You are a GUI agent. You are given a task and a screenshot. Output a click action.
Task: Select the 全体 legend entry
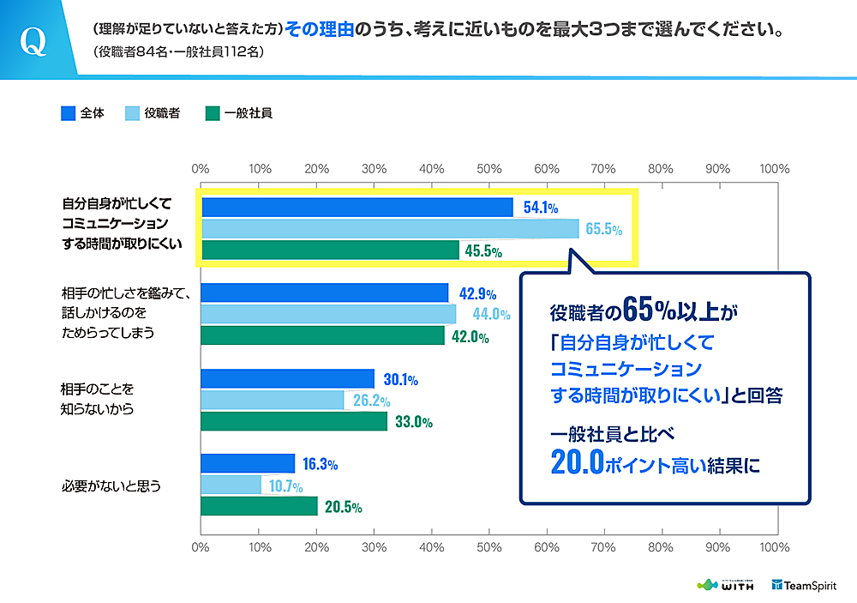click(x=83, y=112)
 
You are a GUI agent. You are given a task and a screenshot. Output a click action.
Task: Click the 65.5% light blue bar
click(x=390, y=229)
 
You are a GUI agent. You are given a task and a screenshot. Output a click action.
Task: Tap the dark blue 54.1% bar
click(x=357, y=208)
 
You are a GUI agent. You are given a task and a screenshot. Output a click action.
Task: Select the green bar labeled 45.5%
click(x=330, y=250)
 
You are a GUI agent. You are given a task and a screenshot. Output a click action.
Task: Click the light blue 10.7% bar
click(x=231, y=485)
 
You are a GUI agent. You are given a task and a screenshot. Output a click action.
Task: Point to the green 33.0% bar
click(x=294, y=422)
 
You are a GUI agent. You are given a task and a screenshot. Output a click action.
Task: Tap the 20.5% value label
click(x=343, y=507)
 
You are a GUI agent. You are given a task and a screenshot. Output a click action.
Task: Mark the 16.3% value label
click(x=319, y=464)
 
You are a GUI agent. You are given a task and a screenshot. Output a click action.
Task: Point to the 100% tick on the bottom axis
click(x=775, y=546)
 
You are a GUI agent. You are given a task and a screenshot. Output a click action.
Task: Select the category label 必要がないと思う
click(x=112, y=485)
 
